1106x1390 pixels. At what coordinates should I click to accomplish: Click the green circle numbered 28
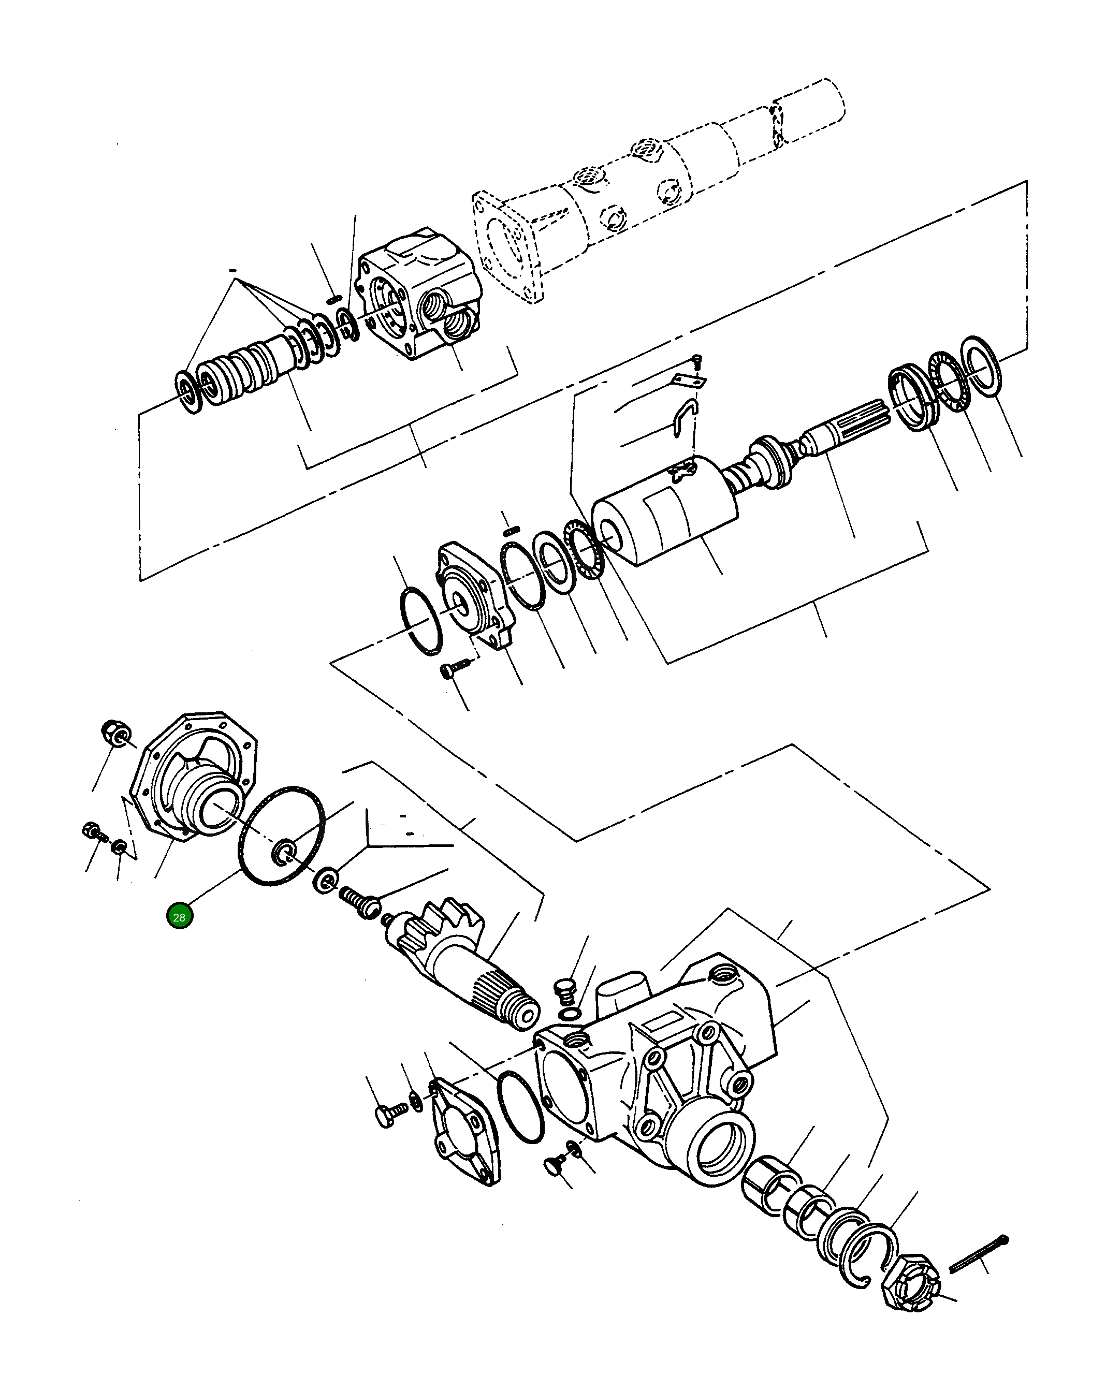179,917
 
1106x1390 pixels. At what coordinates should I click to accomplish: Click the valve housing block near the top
419,294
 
